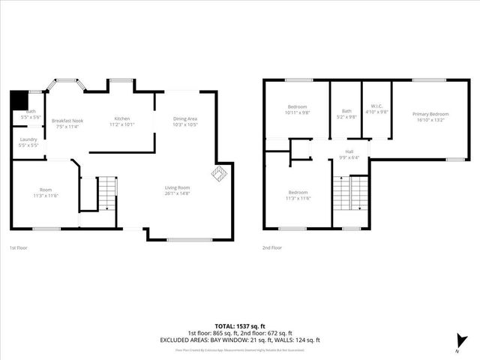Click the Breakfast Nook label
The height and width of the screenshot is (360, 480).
[67, 121]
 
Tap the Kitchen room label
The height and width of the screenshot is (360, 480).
[122, 119]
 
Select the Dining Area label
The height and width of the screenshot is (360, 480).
[185, 119]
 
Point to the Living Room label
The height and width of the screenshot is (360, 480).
[178, 187]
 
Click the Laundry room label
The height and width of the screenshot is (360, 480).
[29, 139]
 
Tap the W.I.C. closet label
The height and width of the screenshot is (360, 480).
[377, 106]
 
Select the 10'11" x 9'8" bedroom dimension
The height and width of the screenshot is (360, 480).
[298, 112]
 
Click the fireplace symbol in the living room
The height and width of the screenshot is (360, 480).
[219, 174]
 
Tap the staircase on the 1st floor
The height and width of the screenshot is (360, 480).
[108, 193]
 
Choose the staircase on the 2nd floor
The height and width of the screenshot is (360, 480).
[350, 193]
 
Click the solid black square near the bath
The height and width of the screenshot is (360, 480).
[17, 100]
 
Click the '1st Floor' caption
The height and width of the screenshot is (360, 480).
[19, 247]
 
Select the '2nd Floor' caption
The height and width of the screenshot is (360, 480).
[272, 247]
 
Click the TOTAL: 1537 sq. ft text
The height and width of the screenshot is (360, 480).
[240, 325]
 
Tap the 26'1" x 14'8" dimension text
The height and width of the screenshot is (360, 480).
[178, 193]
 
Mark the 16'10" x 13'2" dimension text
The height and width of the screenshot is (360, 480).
[429, 119]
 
